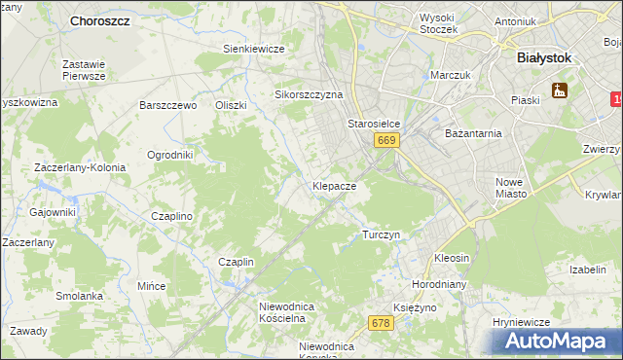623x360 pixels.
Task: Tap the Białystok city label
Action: point(543,57)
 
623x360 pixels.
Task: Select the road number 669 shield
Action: point(386,141)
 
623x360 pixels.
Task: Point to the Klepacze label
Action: point(334,185)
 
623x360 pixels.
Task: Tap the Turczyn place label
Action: point(381,235)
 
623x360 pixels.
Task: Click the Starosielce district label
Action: point(375,125)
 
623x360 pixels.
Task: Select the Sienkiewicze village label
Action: point(253,49)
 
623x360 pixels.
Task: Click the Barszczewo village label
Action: point(168,105)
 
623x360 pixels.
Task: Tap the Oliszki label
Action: point(232,105)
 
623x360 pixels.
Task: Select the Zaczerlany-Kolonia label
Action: point(80,167)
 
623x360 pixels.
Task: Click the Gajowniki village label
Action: point(53,212)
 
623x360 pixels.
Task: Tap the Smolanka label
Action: point(79,296)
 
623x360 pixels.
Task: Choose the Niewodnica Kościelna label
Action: point(282,311)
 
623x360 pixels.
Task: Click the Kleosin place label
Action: point(453,259)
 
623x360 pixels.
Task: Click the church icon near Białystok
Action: point(560,91)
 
